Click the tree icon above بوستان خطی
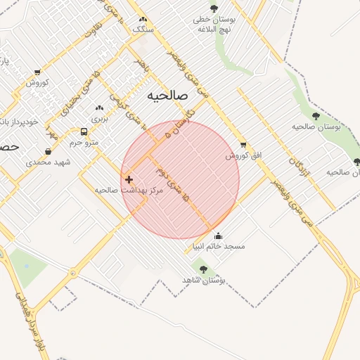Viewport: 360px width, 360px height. pyautogui.click(x=214, y=8)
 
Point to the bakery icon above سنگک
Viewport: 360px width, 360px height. pyautogui.click(x=143, y=19)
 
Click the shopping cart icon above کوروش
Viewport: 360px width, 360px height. pyautogui.click(x=37, y=72)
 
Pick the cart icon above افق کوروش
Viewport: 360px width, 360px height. pyautogui.click(x=243, y=144)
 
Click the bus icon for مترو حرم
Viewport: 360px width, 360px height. pyautogui.click(x=84, y=132)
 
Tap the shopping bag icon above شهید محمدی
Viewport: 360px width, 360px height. pyautogui.click(x=48, y=151)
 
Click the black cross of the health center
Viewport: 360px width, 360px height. pyautogui.click(x=129, y=179)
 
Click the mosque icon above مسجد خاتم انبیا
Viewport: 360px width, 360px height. pyautogui.click(x=219, y=236)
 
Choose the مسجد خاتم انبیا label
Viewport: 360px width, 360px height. pyautogui.click(x=219, y=247)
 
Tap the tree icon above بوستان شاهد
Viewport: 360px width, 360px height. pyautogui.click(x=203, y=269)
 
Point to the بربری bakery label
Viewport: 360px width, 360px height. pyautogui.click(x=98, y=120)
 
